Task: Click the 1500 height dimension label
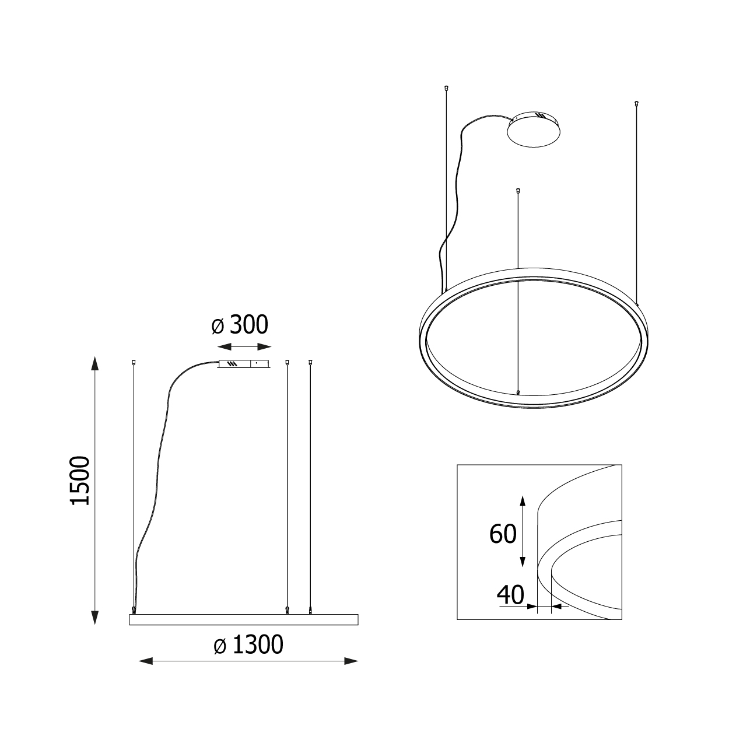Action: coord(80,481)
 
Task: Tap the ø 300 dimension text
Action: coord(240,325)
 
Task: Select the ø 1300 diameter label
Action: coord(248,645)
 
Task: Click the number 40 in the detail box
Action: coord(510,595)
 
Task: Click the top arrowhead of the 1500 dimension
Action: coord(95,363)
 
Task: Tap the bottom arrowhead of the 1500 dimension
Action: coord(95,618)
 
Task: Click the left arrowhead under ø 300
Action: coord(225,346)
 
